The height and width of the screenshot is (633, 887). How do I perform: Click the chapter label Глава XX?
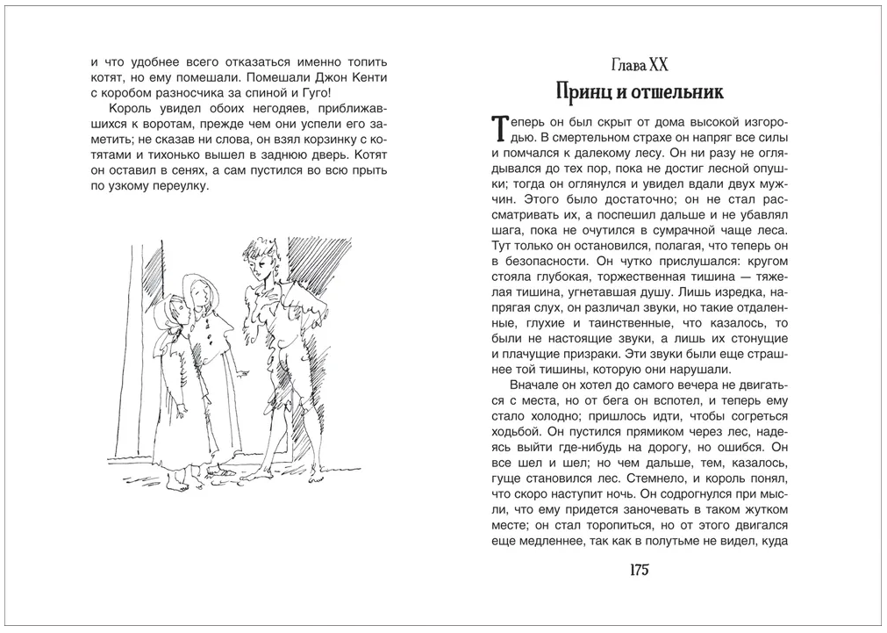click(x=638, y=65)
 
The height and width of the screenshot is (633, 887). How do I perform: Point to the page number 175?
click(x=638, y=570)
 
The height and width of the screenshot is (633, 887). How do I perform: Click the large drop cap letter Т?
click(x=500, y=128)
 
